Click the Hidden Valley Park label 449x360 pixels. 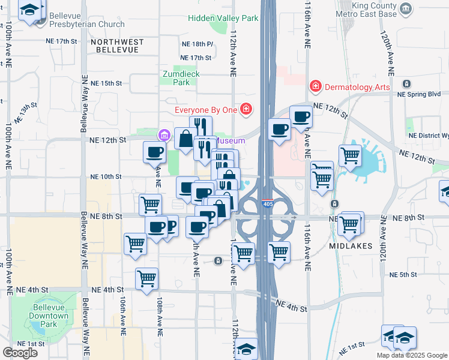pyautogui.click(x=223, y=18)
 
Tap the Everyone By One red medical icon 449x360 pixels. pyautogui.click(x=245, y=109)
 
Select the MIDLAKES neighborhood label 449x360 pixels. pyautogui.click(x=350, y=247)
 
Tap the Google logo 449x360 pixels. pyautogui.click(x=20, y=353)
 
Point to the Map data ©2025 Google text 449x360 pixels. pyautogui.click(x=411, y=355)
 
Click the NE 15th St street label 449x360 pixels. pyautogui.click(x=105, y=83)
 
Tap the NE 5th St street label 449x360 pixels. pyautogui.click(x=403, y=275)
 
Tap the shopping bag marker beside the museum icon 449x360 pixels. pyautogui.click(x=185, y=139)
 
